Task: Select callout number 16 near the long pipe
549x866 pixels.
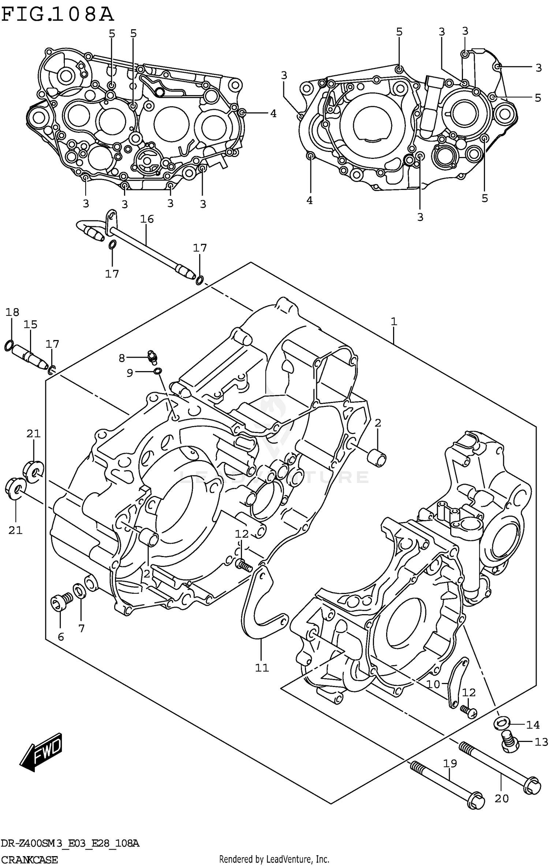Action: point(147,219)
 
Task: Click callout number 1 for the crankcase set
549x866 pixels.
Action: point(394,322)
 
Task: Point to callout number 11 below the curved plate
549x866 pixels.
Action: point(262,668)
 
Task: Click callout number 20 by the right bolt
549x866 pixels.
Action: point(501,799)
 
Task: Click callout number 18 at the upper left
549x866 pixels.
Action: point(12,312)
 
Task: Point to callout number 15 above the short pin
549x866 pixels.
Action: point(31,324)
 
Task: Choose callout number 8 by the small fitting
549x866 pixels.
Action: point(122,358)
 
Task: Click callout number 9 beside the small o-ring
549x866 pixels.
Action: point(130,373)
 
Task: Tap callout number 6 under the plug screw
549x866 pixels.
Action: point(61,637)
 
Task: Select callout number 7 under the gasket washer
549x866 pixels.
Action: point(81,629)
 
